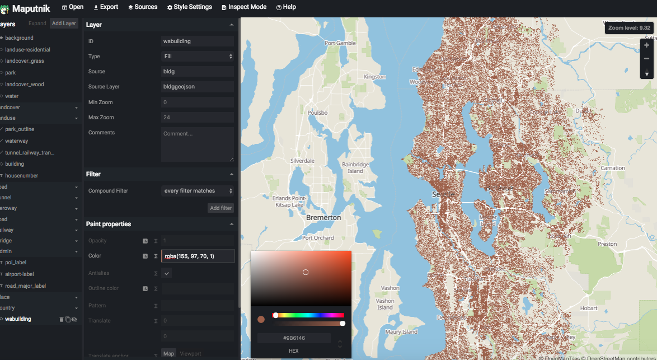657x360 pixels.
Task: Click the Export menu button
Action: pyautogui.click(x=106, y=7)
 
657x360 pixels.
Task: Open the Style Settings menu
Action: pyautogui.click(x=189, y=7)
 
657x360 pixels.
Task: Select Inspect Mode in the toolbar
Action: pyautogui.click(x=243, y=7)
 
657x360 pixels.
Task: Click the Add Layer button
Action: pyautogui.click(x=63, y=24)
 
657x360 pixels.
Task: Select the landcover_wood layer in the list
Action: pyautogui.click(x=24, y=85)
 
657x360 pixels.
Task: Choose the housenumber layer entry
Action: pyautogui.click(x=21, y=176)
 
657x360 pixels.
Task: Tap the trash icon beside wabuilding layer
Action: pyautogui.click(x=62, y=319)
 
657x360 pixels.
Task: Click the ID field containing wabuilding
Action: pyautogui.click(x=198, y=41)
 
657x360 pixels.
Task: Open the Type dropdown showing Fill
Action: pyautogui.click(x=198, y=56)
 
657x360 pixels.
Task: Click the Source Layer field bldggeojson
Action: pyautogui.click(x=198, y=87)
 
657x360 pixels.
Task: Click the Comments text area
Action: pyautogui.click(x=198, y=144)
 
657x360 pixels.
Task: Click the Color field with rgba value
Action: pyautogui.click(x=198, y=256)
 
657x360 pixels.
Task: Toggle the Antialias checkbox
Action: pyautogui.click(x=167, y=273)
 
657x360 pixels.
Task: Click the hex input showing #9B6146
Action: pyautogui.click(x=294, y=338)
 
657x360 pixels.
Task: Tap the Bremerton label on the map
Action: pyautogui.click(x=323, y=217)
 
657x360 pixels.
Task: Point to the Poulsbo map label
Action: pyautogui.click(x=317, y=113)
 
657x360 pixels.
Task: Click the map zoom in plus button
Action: pyautogui.click(x=647, y=45)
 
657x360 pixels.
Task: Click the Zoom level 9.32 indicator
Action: pyautogui.click(x=629, y=27)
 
